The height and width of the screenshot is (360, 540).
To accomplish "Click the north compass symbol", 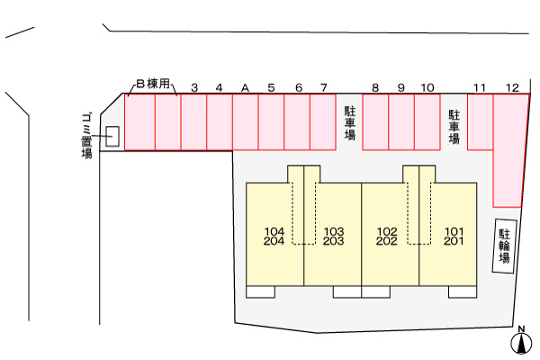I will (x=520, y=342).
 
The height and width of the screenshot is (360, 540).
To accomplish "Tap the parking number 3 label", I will (x=194, y=87).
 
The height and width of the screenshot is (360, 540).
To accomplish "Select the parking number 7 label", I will (x=323, y=87).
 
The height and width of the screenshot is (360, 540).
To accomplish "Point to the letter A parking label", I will (x=245, y=87).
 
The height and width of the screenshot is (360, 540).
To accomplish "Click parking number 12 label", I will (x=512, y=87).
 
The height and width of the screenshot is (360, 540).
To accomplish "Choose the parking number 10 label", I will (x=427, y=87).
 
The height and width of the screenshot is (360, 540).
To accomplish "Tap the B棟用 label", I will (x=154, y=85).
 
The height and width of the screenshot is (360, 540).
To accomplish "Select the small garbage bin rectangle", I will (x=112, y=136).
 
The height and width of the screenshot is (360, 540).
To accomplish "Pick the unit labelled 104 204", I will (x=275, y=236).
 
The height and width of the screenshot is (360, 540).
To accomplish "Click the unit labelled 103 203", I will (x=333, y=236).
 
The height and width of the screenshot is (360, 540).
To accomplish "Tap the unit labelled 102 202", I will (x=388, y=236).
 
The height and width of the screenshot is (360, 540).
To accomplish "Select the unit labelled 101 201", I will (x=454, y=236).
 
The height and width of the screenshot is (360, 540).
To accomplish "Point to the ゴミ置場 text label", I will (x=87, y=135).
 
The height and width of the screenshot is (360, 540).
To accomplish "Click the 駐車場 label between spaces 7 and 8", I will (x=350, y=123).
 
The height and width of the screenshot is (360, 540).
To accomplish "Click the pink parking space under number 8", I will (x=375, y=121).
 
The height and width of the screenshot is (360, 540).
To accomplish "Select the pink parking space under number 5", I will (x=271, y=121).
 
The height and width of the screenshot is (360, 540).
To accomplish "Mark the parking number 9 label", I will (x=401, y=87).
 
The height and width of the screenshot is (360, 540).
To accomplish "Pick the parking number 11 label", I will (x=481, y=87).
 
